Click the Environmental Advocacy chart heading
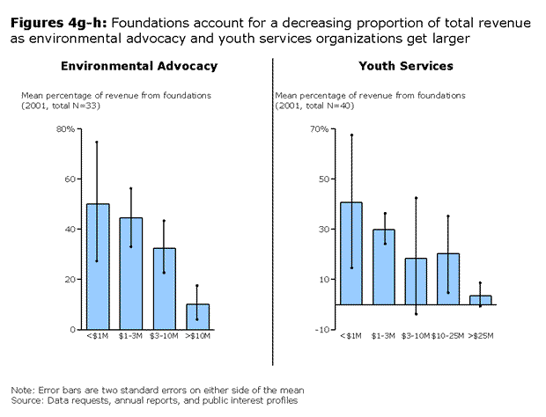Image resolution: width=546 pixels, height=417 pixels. pos(139,66)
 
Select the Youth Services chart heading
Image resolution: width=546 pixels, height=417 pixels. pos(406,66)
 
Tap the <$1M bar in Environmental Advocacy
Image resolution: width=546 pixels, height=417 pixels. pos(99,267)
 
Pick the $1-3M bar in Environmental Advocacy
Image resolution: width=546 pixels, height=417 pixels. pos(131,274)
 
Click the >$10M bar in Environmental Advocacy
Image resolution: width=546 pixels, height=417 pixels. pos(198,317)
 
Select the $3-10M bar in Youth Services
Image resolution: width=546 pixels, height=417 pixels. pos(416,282)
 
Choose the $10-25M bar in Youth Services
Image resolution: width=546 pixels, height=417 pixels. pos(448,279)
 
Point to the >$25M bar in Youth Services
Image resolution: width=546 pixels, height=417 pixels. pos(481,300)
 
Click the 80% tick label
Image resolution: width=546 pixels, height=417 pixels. pos(65,129)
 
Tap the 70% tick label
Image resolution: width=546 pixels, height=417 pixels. pos(320,129)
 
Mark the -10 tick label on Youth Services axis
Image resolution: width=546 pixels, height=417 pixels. pos(322,329)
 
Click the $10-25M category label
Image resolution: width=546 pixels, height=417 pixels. pos(447,336)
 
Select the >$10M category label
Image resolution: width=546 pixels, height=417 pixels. pos(198,336)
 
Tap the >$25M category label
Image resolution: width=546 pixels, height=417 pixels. pos(481,336)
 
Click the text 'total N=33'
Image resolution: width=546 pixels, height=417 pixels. pos(75,106)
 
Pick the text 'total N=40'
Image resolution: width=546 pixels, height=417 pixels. pos(328,106)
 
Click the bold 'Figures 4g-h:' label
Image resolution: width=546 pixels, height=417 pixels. pos(58,23)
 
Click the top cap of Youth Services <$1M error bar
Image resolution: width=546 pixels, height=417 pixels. pos(351,135)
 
